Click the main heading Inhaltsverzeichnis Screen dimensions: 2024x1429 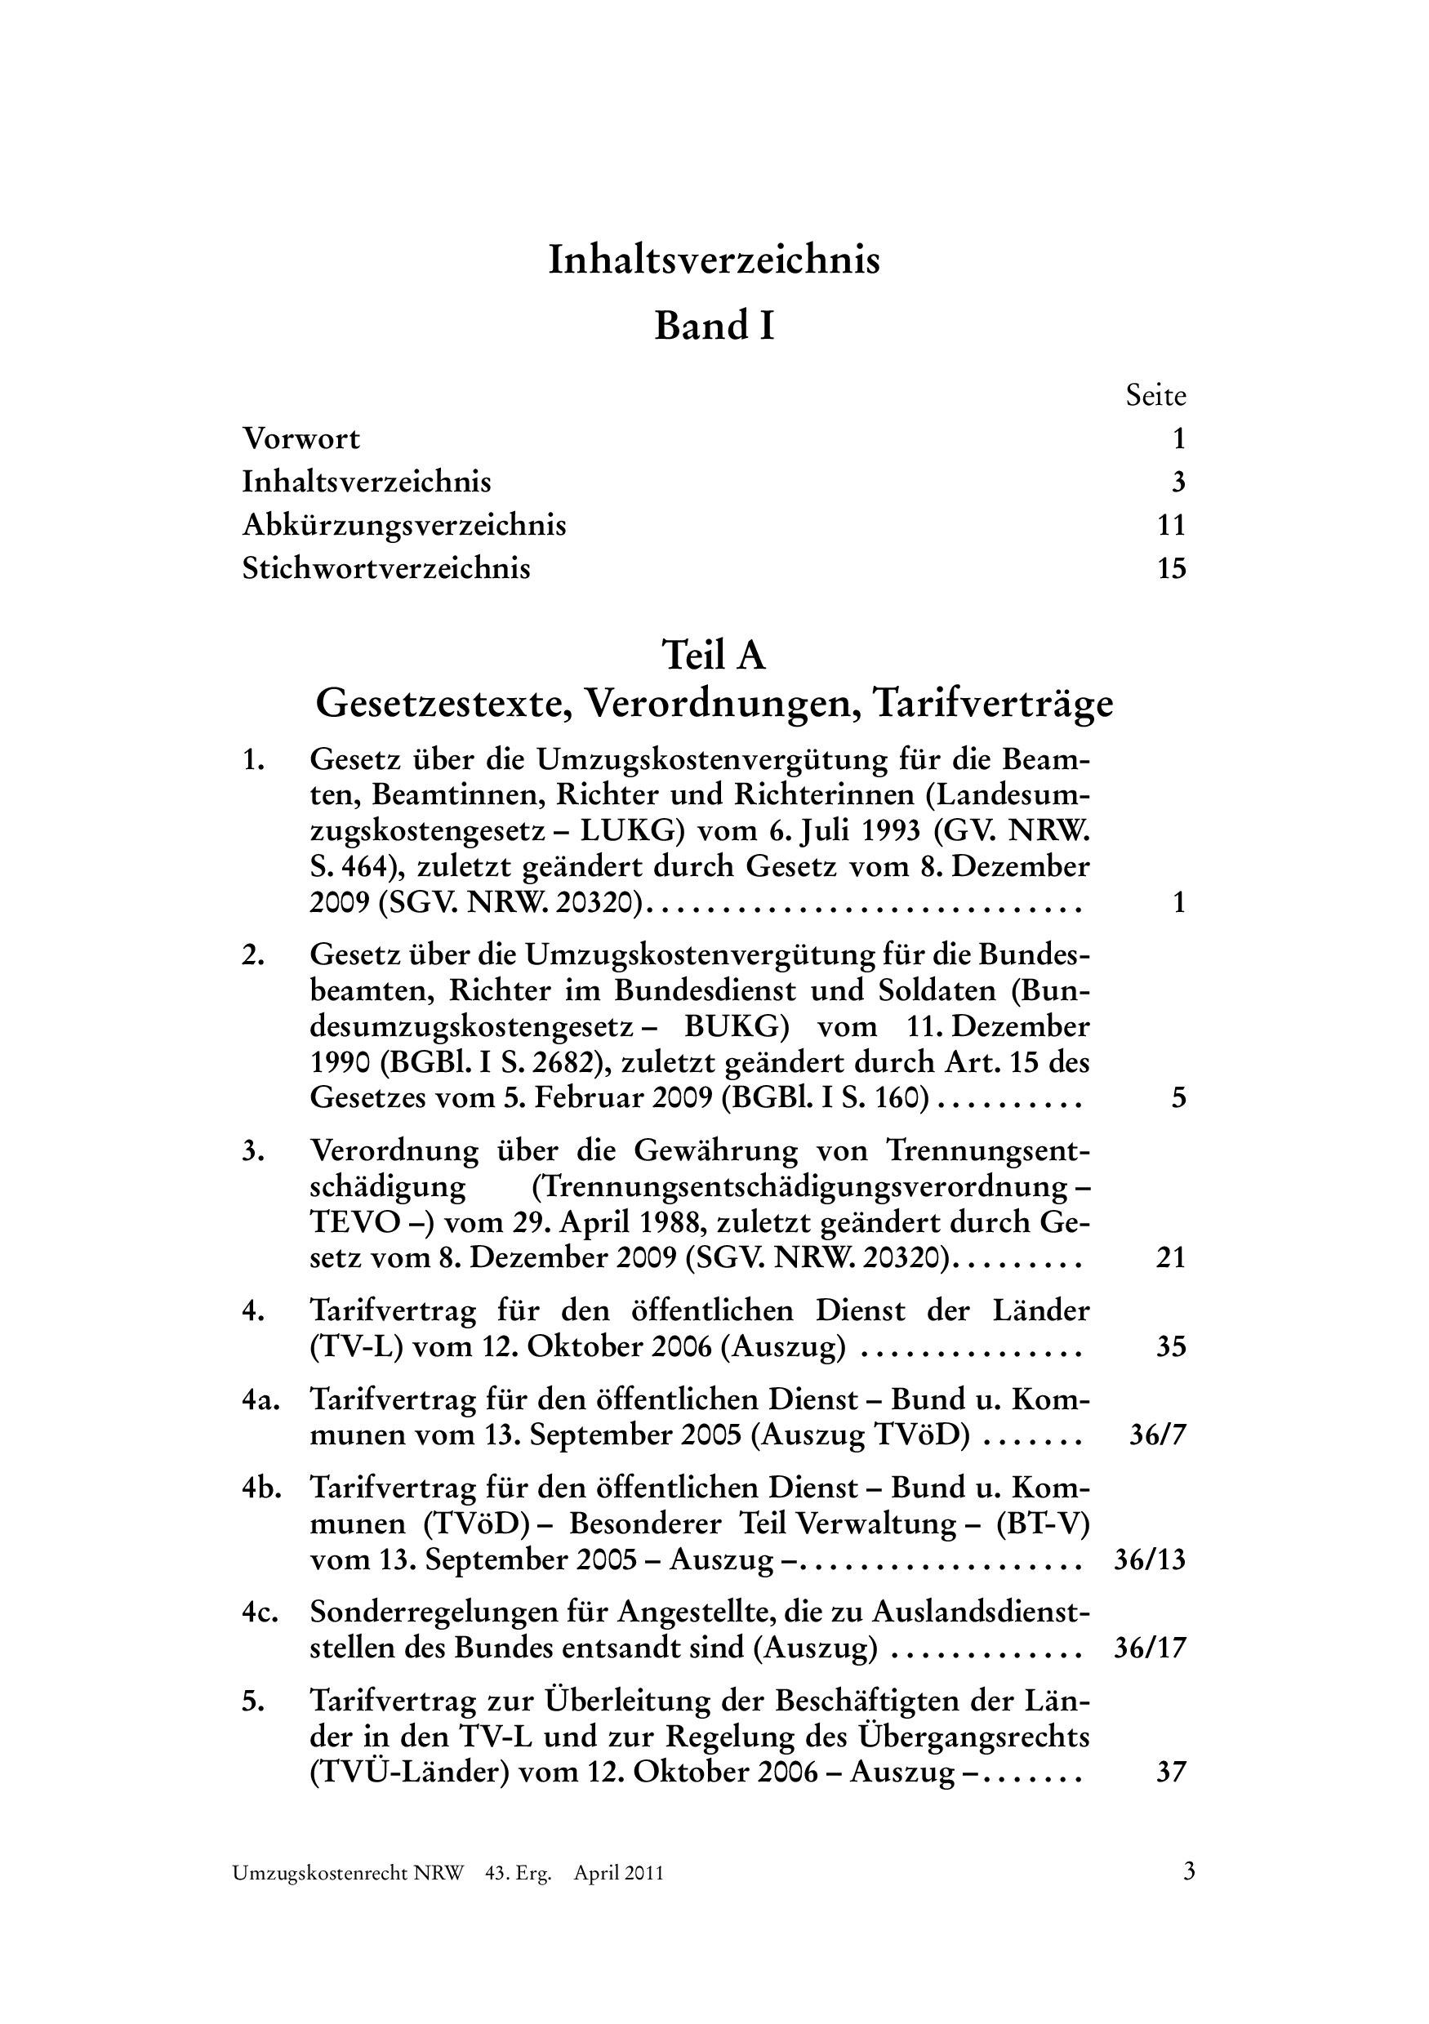point(714,260)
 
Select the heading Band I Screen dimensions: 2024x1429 point(714,326)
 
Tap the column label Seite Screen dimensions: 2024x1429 point(1155,396)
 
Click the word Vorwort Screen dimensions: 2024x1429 point(301,438)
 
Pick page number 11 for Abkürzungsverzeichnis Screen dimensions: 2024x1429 point(1171,526)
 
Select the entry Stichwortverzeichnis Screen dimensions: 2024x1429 point(386,568)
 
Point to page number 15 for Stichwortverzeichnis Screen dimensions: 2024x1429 point(1171,568)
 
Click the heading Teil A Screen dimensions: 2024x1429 point(714,656)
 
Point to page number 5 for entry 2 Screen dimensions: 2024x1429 point(1178,1098)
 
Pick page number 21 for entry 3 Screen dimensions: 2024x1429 point(1171,1258)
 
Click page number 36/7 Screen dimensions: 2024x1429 point(1157,1436)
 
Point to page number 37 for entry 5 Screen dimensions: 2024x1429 point(1171,1773)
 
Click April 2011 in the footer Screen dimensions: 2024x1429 point(618,1898)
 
